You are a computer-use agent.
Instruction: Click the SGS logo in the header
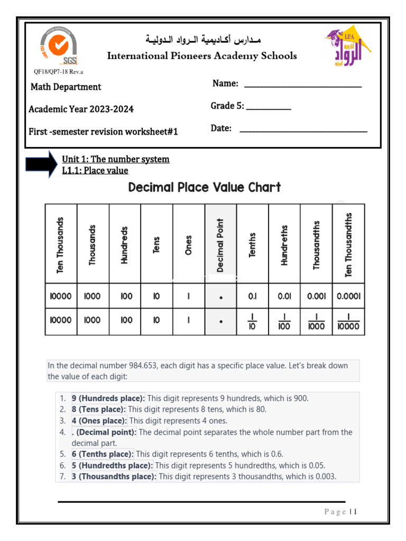[x=58, y=47]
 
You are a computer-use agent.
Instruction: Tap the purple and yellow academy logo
[x=346, y=49]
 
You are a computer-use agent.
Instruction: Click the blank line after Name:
[x=303, y=86]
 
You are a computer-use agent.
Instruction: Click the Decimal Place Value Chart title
[x=205, y=188]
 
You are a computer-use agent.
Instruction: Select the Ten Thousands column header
[x=61, y=244]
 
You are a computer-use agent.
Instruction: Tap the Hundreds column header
[x=125, y=244]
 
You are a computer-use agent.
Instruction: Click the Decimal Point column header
[x=220, y=244]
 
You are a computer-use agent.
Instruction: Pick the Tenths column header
[x=252, y=245]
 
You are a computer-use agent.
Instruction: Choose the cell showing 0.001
[x=316, y=296]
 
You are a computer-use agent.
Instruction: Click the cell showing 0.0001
[x=348, y=296]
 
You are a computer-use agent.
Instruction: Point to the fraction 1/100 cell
[x=284, y=321]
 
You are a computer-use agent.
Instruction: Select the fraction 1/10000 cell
[x=348, y=321]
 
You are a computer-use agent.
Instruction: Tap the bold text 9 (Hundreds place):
[x=108, y=398]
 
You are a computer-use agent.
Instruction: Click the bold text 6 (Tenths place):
[x=103, y=454]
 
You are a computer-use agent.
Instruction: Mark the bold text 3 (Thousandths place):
[x=114, y=477]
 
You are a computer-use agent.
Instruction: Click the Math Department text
[x=66, y=87]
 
